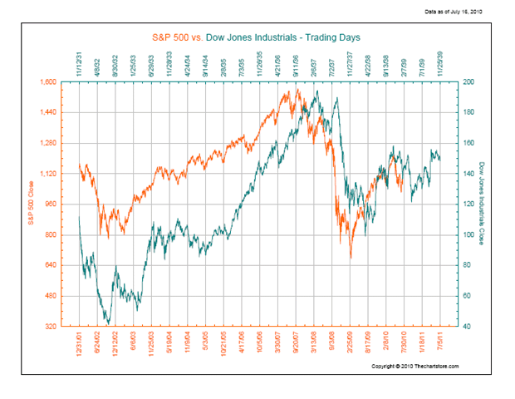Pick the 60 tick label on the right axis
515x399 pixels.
tap(466, 296)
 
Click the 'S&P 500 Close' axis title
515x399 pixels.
tap(32, 204)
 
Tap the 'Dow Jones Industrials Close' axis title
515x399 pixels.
tap(483, 204)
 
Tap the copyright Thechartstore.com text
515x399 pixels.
tap(414, 366)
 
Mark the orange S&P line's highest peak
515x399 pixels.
tap(297, 90)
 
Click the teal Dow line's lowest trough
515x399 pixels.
tap(108, 323)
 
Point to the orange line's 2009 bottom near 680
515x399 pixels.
tap(351, 258)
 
